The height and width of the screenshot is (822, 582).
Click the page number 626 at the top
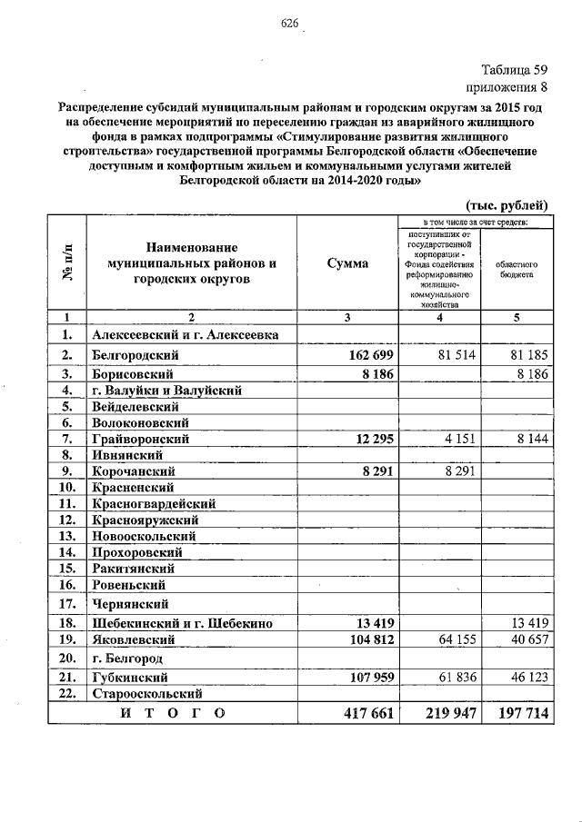[x=290, y=23]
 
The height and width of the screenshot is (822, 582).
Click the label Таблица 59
[x=514, y=70]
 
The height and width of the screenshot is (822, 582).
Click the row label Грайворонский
[x=140, y=439]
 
